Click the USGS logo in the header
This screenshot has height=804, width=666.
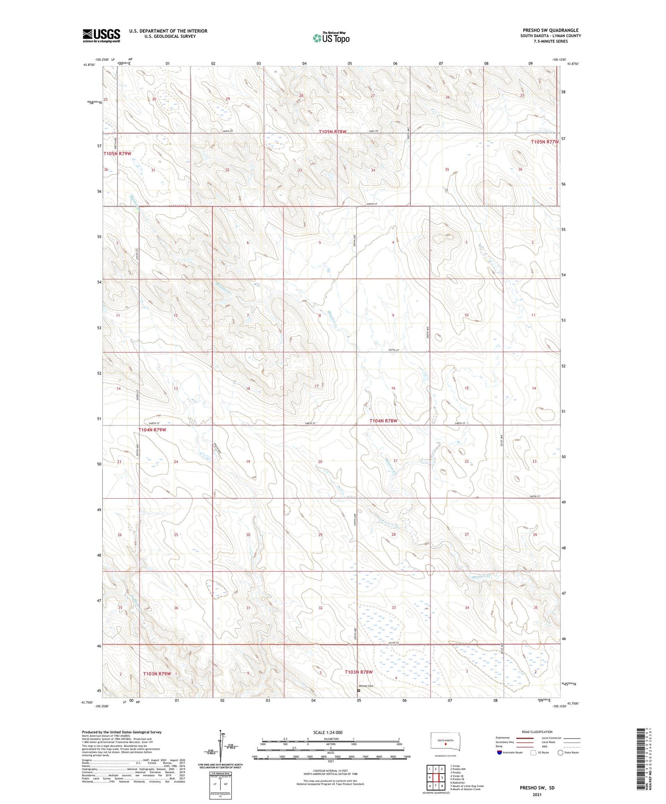click(101, 35)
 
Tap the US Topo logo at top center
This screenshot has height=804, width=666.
click(331, 38)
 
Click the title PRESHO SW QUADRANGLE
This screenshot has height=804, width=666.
click(550, 30)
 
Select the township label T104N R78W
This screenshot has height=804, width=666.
click(383, 421)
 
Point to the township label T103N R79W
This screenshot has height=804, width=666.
click(157, 673)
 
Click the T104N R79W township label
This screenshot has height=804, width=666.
click(152, 430)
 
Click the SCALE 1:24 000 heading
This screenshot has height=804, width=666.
click(328, 732)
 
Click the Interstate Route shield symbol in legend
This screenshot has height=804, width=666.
click(500, 752)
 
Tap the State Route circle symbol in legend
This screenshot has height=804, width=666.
click(560, 752)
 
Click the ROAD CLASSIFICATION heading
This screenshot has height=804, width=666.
click(537, 732)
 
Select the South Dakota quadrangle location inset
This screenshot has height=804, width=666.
click(445, 743)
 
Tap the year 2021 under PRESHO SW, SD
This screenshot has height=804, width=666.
click(536, 794)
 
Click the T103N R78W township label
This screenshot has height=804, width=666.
click(359, 672)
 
